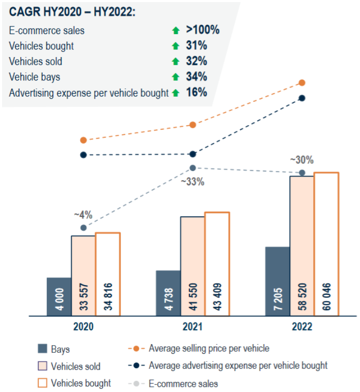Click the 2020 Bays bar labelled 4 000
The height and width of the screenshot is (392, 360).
tap(59, 297)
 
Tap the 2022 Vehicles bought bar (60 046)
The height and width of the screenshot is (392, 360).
tap(326, 244)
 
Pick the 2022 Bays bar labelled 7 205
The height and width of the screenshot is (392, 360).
tap(278, 282)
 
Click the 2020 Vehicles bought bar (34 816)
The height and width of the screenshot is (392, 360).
tap(107, 274)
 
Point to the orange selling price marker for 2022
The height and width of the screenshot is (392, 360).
tap(302, 82)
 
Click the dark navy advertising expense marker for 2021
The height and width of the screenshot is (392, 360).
tap(192, 154)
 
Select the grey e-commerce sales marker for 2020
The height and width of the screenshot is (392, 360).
tap(84, 228)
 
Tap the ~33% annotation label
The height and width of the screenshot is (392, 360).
tap(193, 181)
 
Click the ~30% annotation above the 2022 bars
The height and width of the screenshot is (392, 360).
tap(302, 160)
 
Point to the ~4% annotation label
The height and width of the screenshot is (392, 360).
tap(84, 215)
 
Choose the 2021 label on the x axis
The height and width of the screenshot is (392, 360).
tap(192, 327)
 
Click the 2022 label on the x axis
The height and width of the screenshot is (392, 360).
tap(302, 327)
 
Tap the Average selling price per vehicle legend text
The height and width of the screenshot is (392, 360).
tap(209, 349)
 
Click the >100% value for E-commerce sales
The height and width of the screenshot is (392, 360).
tap(203, 30)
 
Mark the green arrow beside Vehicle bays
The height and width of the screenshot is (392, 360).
tap(176, 77)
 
